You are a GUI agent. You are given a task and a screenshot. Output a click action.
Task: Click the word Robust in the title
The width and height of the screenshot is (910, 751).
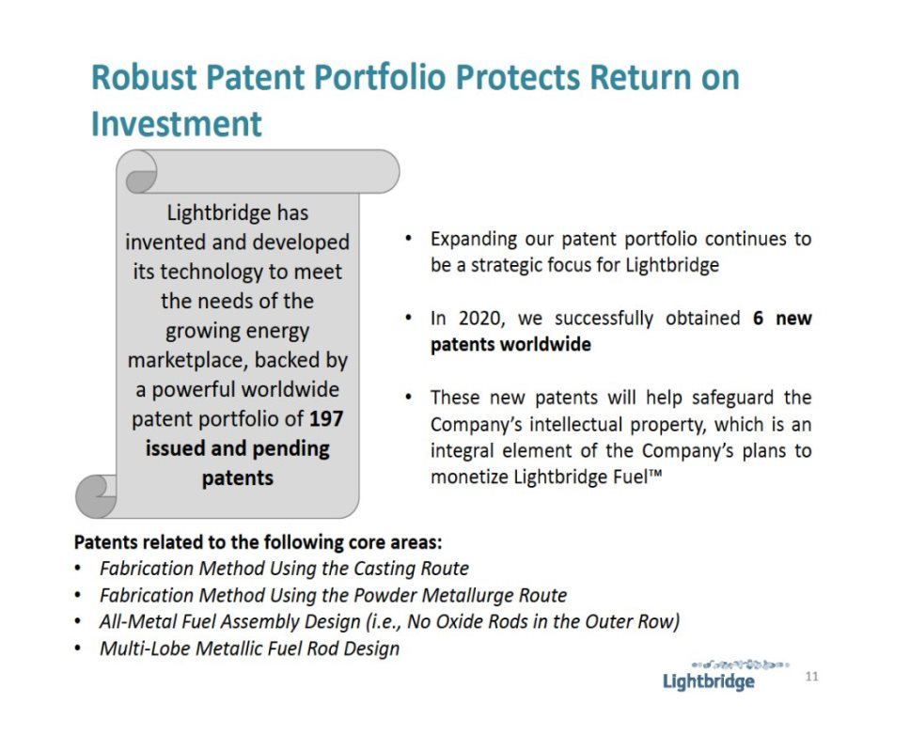pyautogui.click(x=143, y=77)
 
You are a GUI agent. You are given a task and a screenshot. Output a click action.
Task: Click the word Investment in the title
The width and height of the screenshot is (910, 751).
pyautogui.click(x=177, y=124)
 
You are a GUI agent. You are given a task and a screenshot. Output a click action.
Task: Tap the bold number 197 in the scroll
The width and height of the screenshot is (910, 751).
pyautogui.click(x=326, y=418)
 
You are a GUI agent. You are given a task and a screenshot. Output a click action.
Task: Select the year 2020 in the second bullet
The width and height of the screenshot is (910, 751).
pyautogui.click(x=480, y=318)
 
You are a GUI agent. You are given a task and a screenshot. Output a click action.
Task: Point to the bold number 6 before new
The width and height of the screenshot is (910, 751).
pyautogui.click(x=758, y=318)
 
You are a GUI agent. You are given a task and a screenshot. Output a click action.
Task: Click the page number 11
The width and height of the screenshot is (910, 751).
pyautogui.click(x=812, y=676)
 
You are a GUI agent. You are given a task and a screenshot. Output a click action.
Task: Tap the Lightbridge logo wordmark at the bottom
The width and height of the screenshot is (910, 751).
pyautogui.click(x=709, y=681)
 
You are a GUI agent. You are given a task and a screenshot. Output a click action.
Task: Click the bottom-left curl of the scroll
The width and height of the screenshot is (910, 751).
pyautogui.click(x=96, y=495)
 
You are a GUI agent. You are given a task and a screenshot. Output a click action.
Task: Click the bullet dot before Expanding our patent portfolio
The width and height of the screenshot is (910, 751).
pyautogui.click(x=409, y=239)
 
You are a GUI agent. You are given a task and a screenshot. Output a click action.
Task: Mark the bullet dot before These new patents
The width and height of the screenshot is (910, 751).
pyautogui.click(x=409, y=398)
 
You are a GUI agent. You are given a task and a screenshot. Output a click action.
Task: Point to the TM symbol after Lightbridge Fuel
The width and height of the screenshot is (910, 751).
pyautogui.click(x=655, y=474)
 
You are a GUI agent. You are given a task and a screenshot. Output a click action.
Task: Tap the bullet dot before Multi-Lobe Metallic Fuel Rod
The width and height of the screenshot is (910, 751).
pyautogui.click(x=78, y=649)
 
